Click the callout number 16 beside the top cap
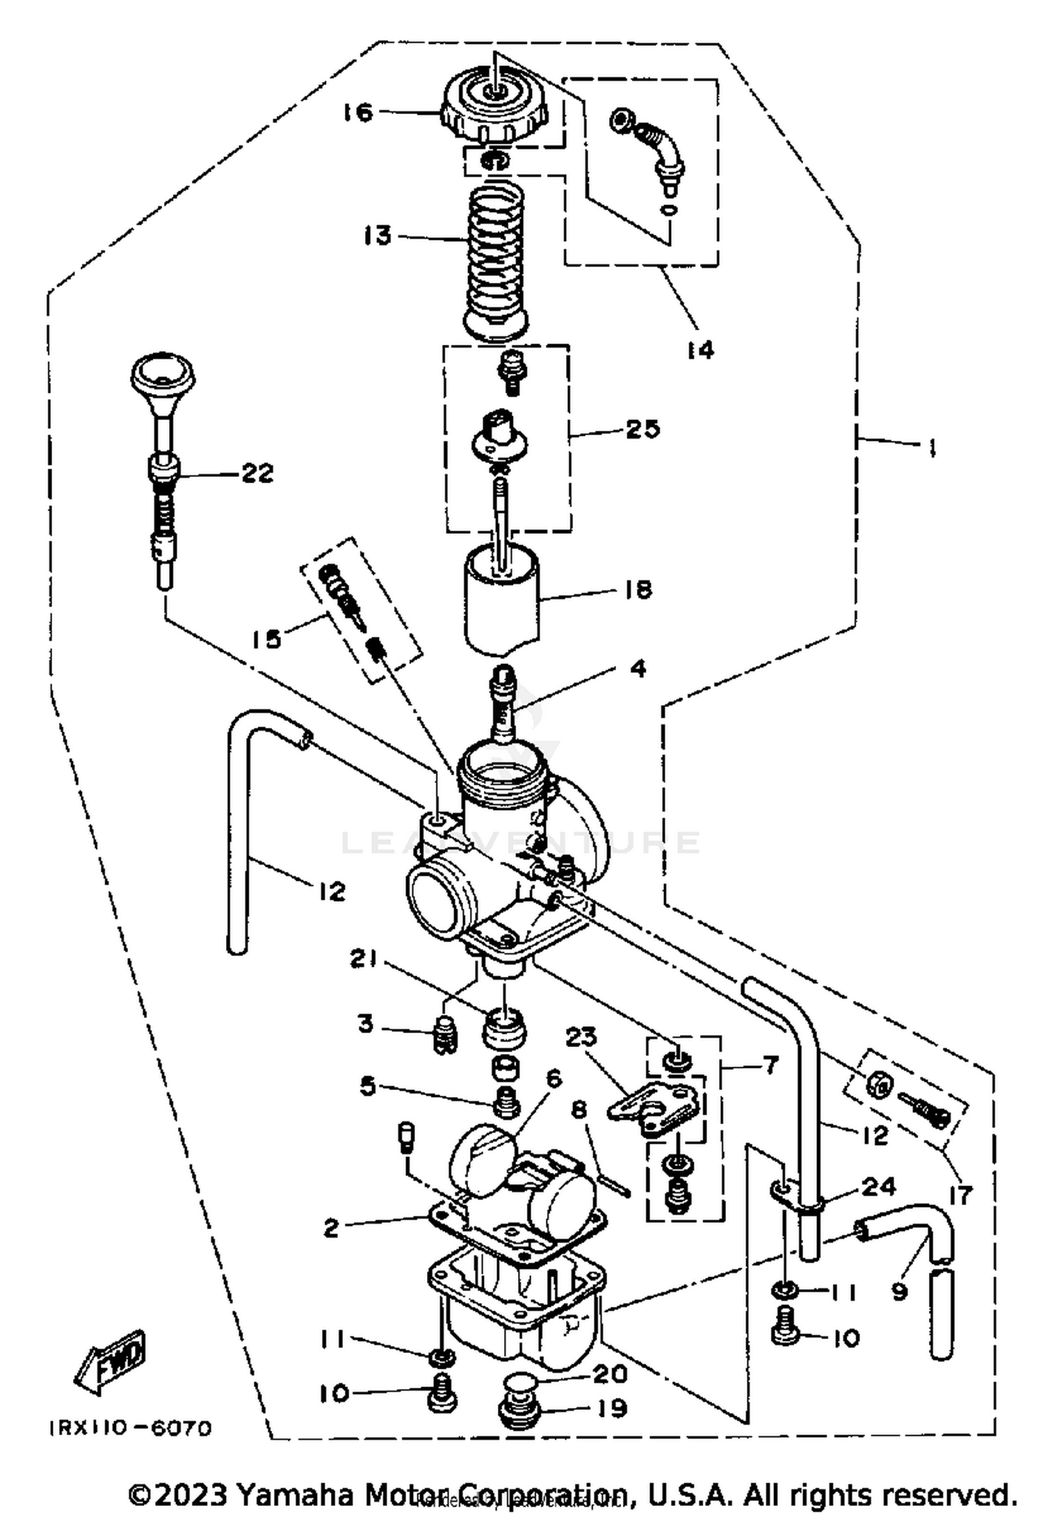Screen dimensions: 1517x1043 pos(358,112)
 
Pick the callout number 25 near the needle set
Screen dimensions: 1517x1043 pos(642,429)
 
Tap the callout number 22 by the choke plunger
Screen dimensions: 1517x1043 pos(257,473)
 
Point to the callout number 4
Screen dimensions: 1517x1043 pos(638,668)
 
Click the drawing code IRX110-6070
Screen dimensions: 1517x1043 pos(130,1429)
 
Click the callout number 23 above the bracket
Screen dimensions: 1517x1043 pos(581,1038)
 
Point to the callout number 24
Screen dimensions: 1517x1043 pos(878,1186)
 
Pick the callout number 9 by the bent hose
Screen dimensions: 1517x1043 pos(899,1292)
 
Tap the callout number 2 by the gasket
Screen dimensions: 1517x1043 pos(332,1228)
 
